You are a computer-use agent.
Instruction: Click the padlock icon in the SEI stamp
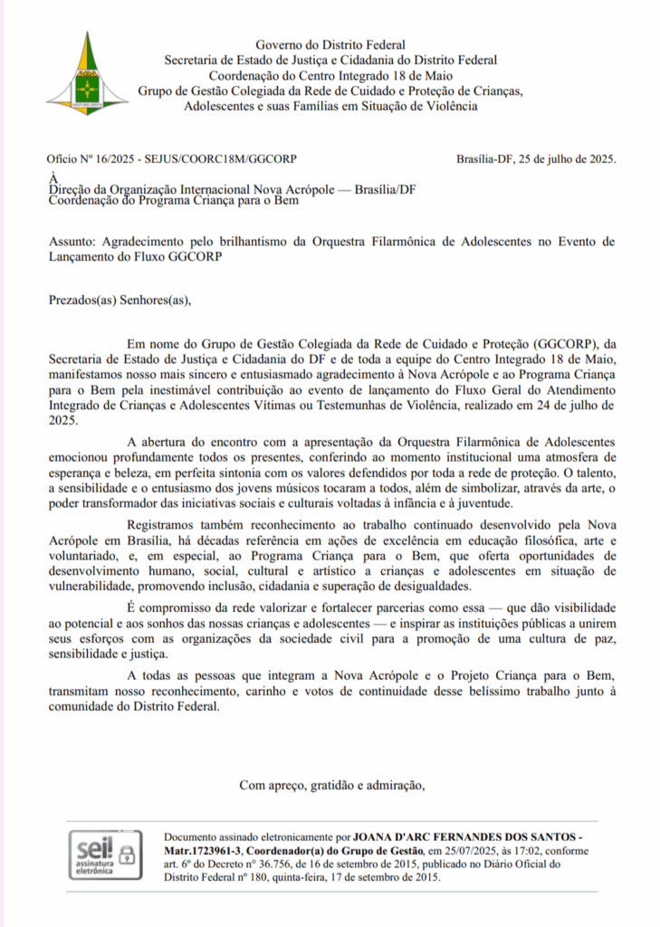point(127,854)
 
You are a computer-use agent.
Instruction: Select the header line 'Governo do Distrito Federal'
point(330,45)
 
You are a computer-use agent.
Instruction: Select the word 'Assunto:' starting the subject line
point(72,242)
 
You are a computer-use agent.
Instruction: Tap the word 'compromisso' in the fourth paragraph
point(180,606)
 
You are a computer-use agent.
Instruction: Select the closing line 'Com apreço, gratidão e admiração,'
point(331,785)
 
